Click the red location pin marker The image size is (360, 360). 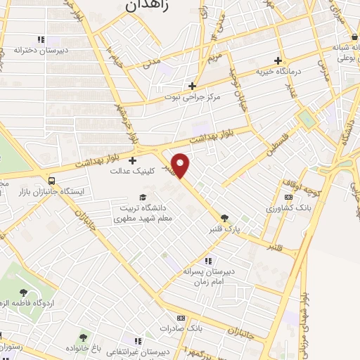(x=181, y=165)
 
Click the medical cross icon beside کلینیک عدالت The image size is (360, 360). (x=132, y=160)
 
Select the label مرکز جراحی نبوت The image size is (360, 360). (x=192, y=96)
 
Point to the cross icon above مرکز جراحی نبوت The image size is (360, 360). (x=192, y=86)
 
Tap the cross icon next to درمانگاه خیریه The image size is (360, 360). (x=278, y=60)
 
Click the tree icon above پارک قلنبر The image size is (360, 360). (x=225, y=219)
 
